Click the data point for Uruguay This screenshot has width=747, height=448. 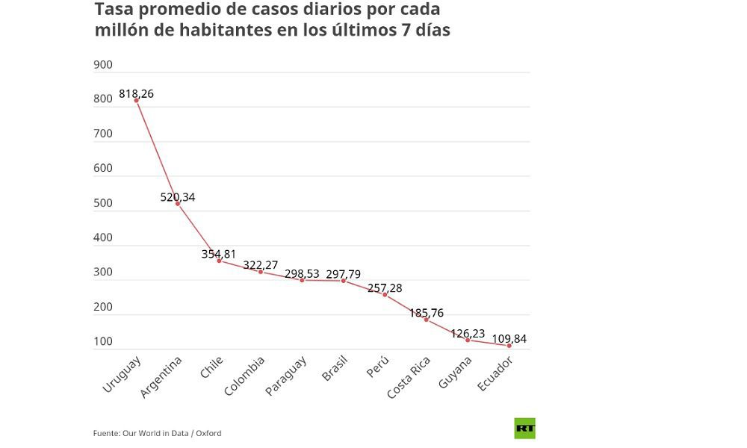coord(137,100)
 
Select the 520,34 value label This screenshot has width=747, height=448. coord(178,197)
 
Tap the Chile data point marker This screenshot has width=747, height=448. coord(219,261)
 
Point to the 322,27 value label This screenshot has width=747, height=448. coord(261,265)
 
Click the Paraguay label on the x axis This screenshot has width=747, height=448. coord(286,377)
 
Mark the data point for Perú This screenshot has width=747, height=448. coord(385,295)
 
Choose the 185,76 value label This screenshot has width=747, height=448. coord(426,313)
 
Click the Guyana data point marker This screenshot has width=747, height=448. coord(468,340)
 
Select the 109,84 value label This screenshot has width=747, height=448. coord(509,339)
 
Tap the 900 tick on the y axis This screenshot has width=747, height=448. coord(103,65)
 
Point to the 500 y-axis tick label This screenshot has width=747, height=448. coord(103,203)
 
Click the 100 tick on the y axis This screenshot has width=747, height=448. coord(103,342)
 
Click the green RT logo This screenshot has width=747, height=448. coord(524,429)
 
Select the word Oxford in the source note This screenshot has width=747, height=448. coord(208,433)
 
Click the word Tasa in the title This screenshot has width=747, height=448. coord(112,10)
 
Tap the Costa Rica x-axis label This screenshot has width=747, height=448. coord(409,379)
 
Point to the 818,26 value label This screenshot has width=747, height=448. coord(136,94)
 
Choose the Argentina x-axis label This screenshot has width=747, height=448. coord(161,378)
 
